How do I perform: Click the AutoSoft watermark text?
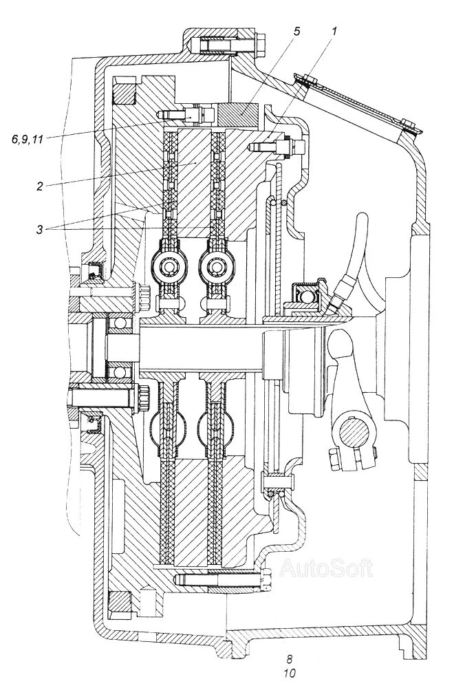pyautogui.click(x=327, y=568)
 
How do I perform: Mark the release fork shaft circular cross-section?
pyautogui.click(x=358, y=436)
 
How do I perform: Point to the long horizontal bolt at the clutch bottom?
pyautogui.click(x=220, y=581)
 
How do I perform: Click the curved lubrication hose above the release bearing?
pyautogui.click(x=354, y=255)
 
